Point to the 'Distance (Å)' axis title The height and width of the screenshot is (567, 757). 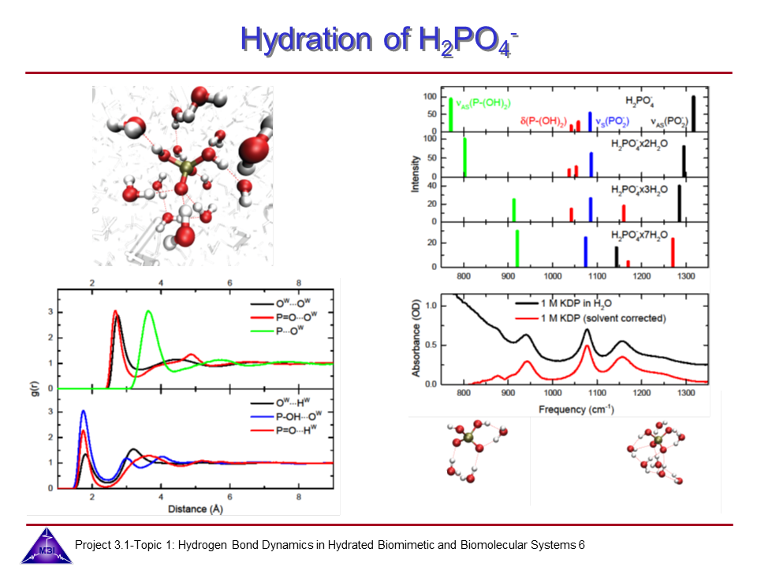194,510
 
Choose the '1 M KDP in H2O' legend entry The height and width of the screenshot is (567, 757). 572,304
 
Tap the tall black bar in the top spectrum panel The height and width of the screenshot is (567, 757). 693,113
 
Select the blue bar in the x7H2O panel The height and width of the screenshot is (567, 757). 586,251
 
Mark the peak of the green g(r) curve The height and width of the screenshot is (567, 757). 148,311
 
